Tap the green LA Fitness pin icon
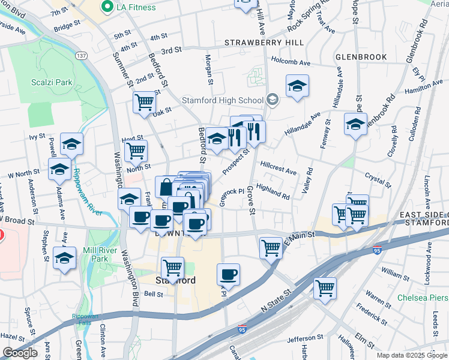point(108,7)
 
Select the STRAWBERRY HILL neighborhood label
point(264,43)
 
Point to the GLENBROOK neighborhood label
point(361,56)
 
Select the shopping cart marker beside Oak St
point(144,102)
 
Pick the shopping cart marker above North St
point(136,151)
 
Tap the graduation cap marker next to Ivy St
point(71,143)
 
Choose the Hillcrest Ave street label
point(278,167)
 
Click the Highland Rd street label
point(273,191)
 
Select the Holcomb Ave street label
point(291,62)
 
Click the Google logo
point(20,353)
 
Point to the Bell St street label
point(153,294)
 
